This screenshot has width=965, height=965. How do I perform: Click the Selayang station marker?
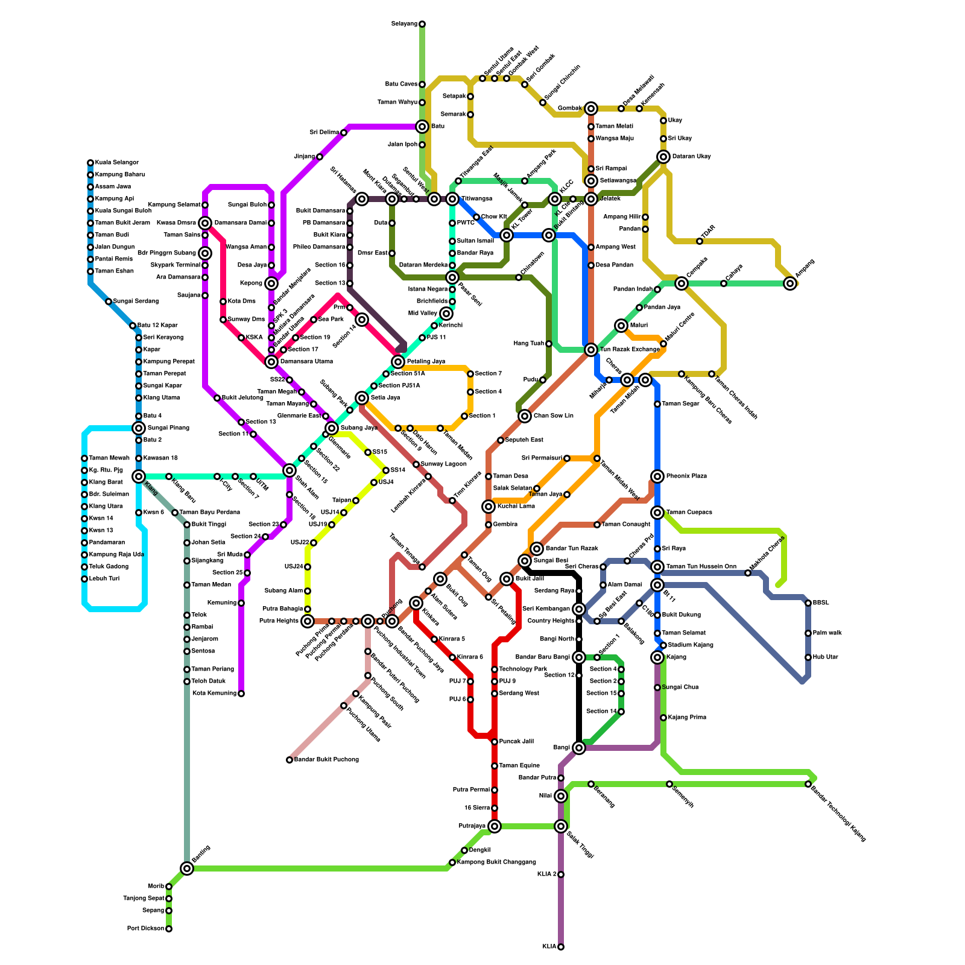(x=422, y=24)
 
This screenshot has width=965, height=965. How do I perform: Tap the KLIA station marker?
(x=561, y=947)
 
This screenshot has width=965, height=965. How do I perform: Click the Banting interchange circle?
(x=187, y=868)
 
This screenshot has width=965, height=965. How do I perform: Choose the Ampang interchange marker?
(x=790, y=283)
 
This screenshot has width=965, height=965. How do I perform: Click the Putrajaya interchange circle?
(x=495, y=826)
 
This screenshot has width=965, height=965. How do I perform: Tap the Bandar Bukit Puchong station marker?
(x=289, y=760)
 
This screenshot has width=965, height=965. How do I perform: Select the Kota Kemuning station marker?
(x=241, y=694)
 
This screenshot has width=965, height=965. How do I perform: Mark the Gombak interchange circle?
(x=591, y=109)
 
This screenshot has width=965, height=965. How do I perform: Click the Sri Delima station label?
(x=324, y=133)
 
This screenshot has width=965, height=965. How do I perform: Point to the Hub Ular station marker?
(x=808, y=657)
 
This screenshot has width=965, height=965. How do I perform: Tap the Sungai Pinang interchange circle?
(x=139, y=428)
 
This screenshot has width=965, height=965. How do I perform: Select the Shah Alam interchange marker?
(x=289, y=470)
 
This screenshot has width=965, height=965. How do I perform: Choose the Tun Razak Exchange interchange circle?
(x=591, y=350)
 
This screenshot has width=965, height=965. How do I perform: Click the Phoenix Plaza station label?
(x=686, y=476)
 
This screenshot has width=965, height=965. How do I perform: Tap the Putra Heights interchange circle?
(x=308, y=621)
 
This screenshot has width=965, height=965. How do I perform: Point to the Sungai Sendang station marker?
(x=109, y=302)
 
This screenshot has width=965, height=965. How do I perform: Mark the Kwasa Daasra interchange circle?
(x=205, y=223)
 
